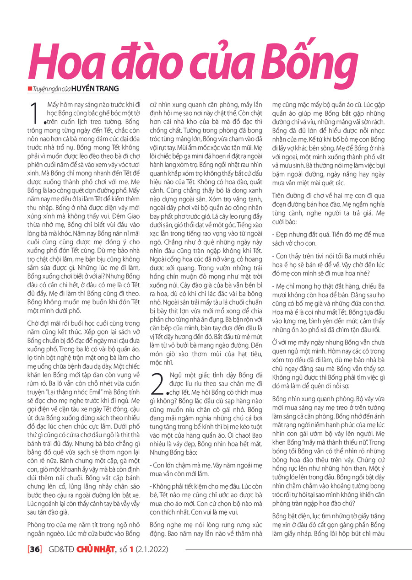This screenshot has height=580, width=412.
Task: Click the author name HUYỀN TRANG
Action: pyautogui.click(x=95, y=89)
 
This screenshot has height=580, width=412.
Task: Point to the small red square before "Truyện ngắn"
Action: pyautogui.click(x=30, y=88)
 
